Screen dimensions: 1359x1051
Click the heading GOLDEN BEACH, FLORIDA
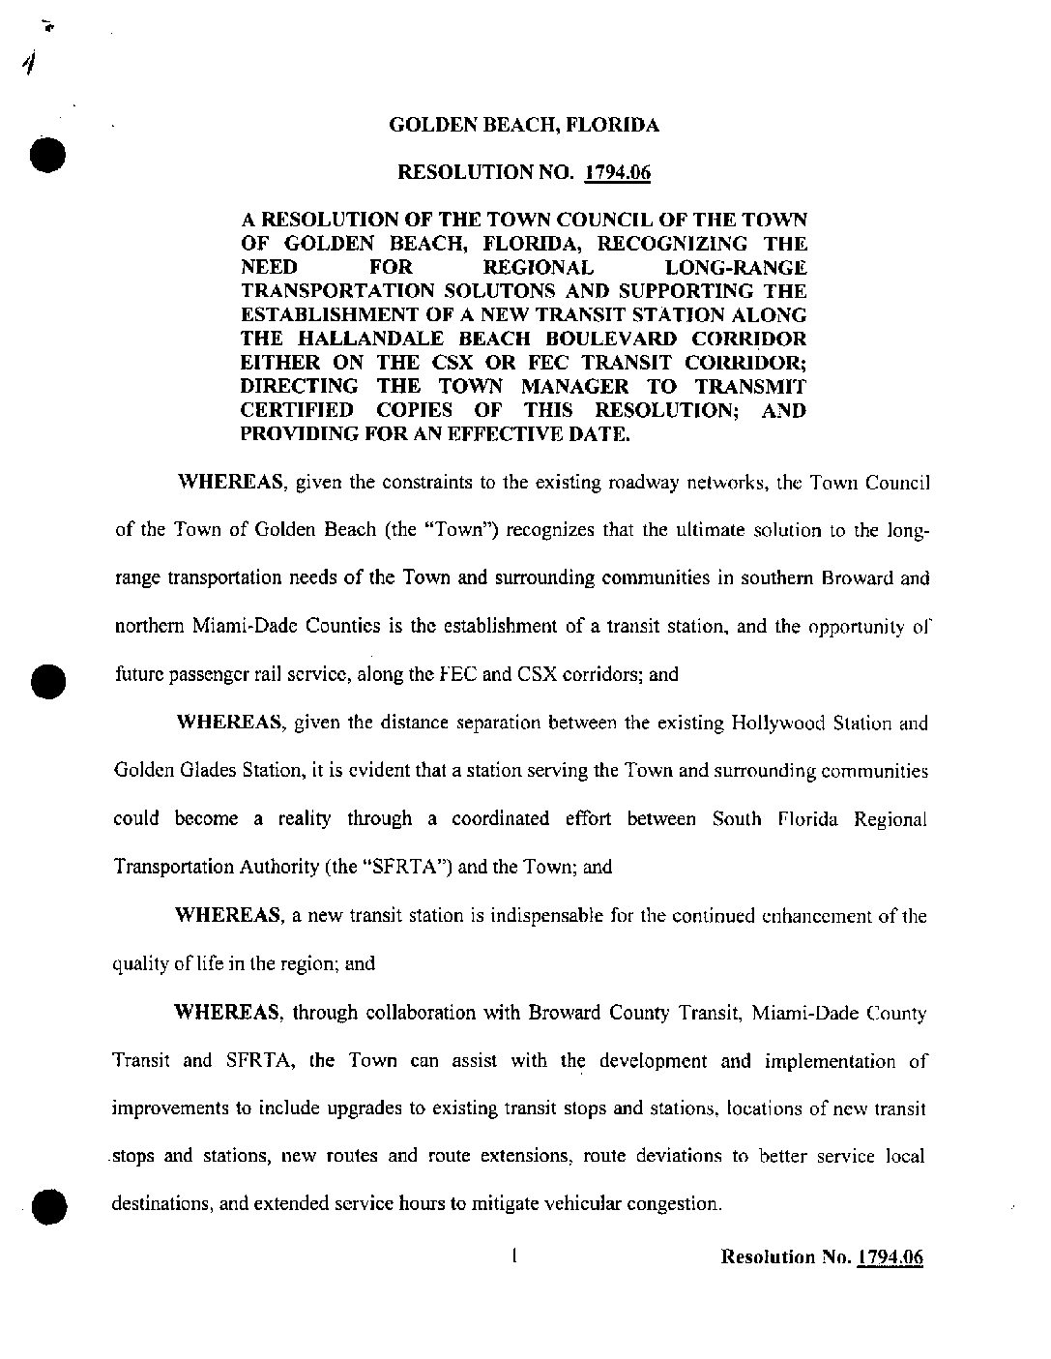[523, 125]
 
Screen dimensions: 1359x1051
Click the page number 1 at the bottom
[514, 1256]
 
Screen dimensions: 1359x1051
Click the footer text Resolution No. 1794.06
[822, 1257]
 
